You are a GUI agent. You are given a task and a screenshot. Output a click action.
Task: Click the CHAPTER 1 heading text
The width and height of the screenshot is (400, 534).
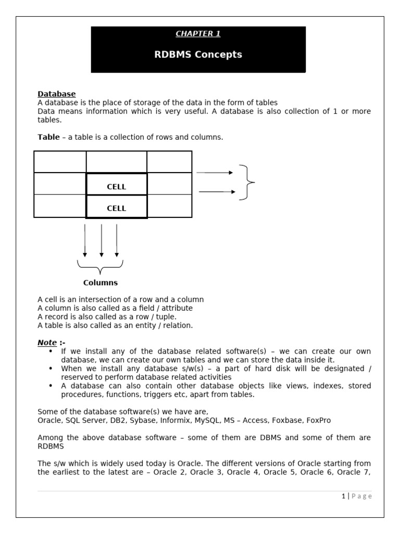point(198,34)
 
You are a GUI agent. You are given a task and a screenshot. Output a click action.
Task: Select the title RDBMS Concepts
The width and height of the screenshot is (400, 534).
point(198,55)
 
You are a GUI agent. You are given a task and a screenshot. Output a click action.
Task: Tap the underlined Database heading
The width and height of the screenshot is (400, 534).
point(56,94)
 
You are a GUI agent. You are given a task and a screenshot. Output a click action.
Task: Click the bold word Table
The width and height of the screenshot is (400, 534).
point(48,137)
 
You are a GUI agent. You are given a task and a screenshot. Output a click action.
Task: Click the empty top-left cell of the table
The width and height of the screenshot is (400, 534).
point(60,162)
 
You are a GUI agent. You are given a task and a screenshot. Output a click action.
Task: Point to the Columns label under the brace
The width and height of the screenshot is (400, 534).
point(101,283)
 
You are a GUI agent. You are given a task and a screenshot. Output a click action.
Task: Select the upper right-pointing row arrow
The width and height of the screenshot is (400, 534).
point(215,173)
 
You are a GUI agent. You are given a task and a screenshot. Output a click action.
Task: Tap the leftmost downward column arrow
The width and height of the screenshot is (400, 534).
point(85,240)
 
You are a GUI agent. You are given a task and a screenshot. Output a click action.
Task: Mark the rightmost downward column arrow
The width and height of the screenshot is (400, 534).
point(117,240)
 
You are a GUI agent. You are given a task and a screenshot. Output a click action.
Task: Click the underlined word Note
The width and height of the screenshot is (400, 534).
point(47,343)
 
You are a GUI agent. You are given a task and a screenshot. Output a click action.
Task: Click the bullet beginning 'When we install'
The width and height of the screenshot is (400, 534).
point(51,368)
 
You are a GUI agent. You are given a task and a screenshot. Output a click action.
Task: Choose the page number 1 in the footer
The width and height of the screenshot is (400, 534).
point(343,496)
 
